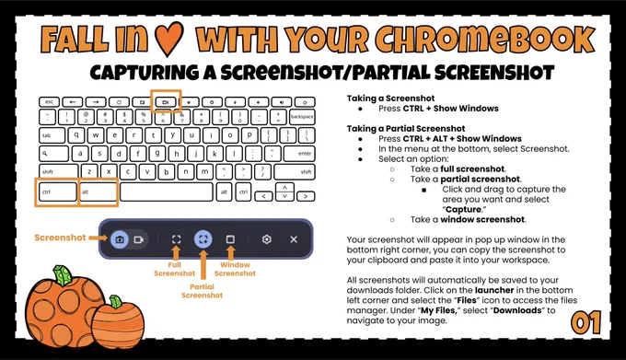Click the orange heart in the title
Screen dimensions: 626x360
(168, 39)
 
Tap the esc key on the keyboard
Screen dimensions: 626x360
(50, 102)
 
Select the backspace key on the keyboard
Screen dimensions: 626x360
(302, 117)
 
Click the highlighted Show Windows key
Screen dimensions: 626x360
(166, 102)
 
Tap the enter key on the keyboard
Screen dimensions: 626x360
(299, 154)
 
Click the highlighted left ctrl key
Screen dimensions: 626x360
(57, 192)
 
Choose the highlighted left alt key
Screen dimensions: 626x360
(99, 192)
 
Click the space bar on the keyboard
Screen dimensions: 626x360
(167, 192)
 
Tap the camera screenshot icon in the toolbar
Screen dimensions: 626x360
(120, 239)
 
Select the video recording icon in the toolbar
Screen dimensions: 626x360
(138, 239)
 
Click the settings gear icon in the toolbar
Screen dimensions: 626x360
(267, 239)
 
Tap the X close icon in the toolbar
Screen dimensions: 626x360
(294, 239)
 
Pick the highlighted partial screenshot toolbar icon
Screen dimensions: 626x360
(203, 239)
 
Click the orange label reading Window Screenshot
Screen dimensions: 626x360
(235, 269)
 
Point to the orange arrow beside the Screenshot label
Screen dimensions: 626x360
(99, 238)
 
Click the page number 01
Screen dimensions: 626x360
(586, 323)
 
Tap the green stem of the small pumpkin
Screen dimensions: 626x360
(115, 301)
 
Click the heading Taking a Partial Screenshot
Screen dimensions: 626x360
(406, 129)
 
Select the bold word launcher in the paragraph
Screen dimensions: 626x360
(494, 290)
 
